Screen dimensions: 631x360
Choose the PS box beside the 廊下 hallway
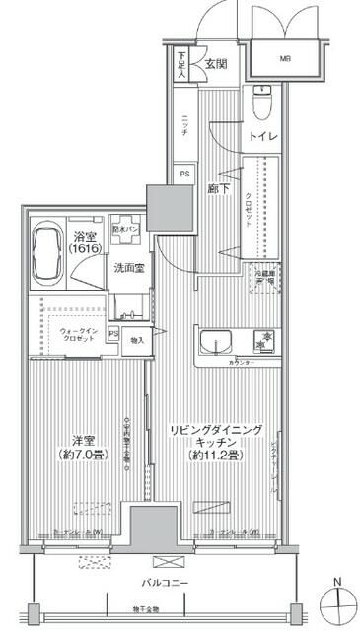click(184, 175)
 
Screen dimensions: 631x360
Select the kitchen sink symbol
click(215, 342)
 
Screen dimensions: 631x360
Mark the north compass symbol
click(336, 600)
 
